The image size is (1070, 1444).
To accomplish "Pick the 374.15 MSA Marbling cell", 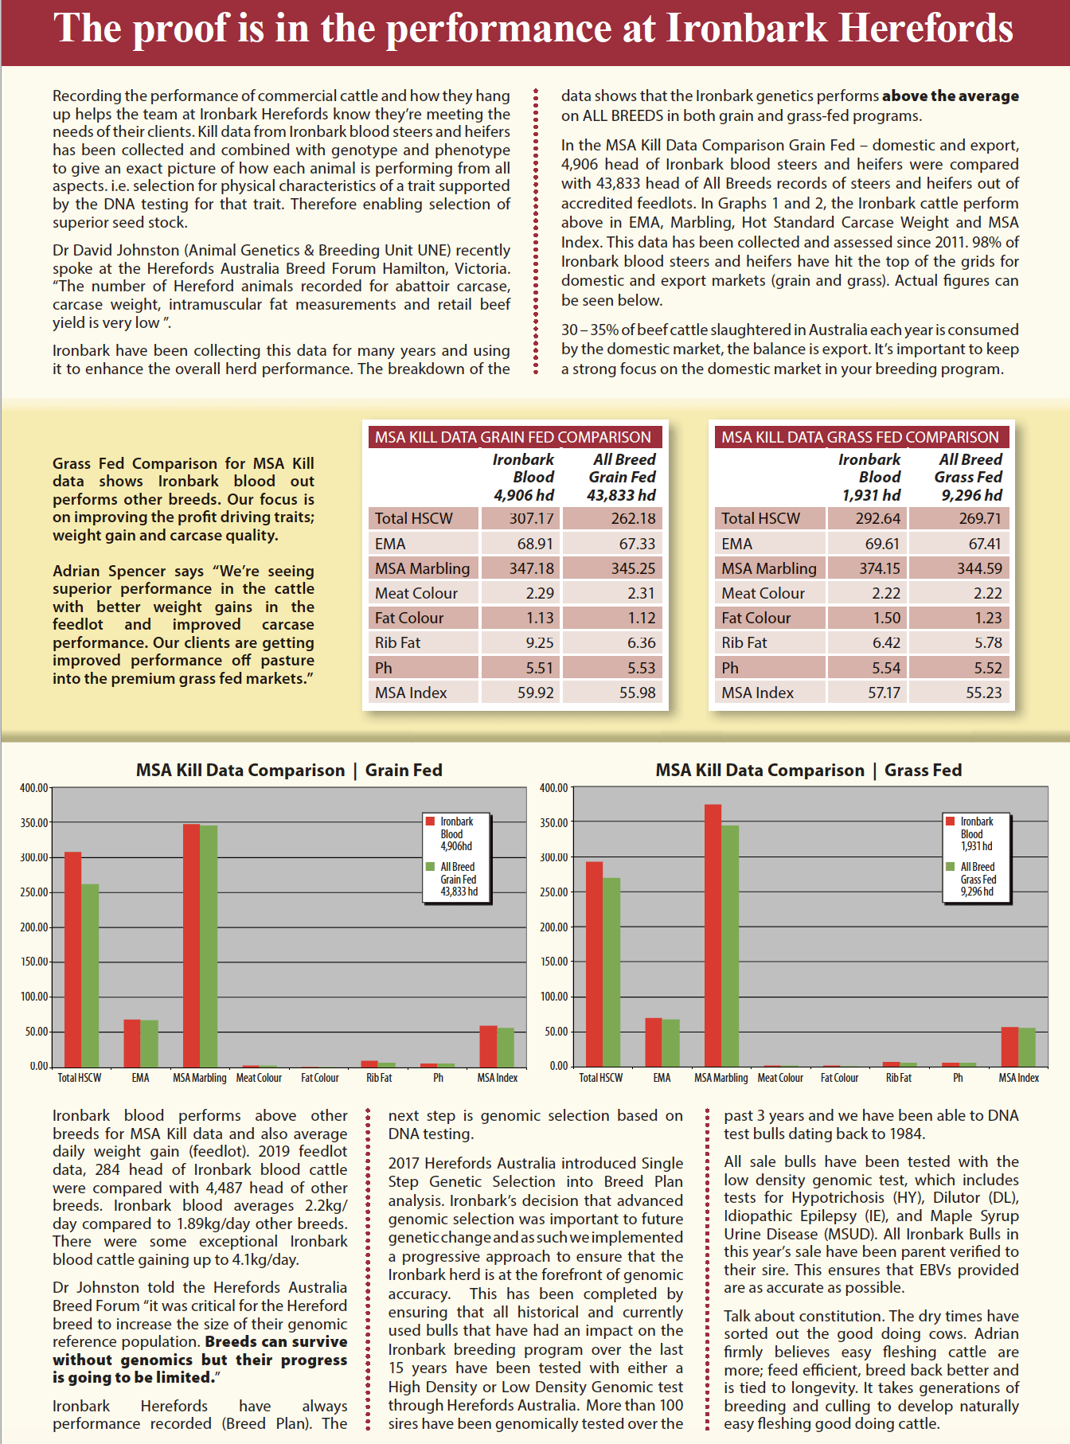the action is [867, 568].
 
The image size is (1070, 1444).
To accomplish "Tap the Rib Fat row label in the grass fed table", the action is [744, 642].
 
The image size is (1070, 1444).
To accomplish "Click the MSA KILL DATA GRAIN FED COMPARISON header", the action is [514, 437].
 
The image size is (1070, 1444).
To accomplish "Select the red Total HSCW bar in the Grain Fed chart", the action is [72, 959].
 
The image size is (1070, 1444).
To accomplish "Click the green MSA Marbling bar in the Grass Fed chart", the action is [730, 946].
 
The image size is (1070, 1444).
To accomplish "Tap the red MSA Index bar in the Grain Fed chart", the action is [488, 1046].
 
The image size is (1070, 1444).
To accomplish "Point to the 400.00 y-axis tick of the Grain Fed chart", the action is [34, 788].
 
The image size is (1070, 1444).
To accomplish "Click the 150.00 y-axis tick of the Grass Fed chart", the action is [554, 962].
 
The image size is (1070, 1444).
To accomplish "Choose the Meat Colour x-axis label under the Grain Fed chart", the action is [259, 1078].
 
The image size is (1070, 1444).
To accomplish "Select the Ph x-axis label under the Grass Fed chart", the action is [958, 1078].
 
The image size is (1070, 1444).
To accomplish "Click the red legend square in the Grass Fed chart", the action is [950, 821].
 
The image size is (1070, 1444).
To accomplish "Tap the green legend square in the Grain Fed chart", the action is [430, 866].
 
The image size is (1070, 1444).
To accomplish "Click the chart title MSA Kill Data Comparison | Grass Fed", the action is [809, 770].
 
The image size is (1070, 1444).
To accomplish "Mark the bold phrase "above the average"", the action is [951, 96].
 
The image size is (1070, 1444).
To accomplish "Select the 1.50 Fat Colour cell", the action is [867, 618].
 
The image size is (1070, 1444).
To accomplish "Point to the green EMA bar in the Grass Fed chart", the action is [670, 1043].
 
